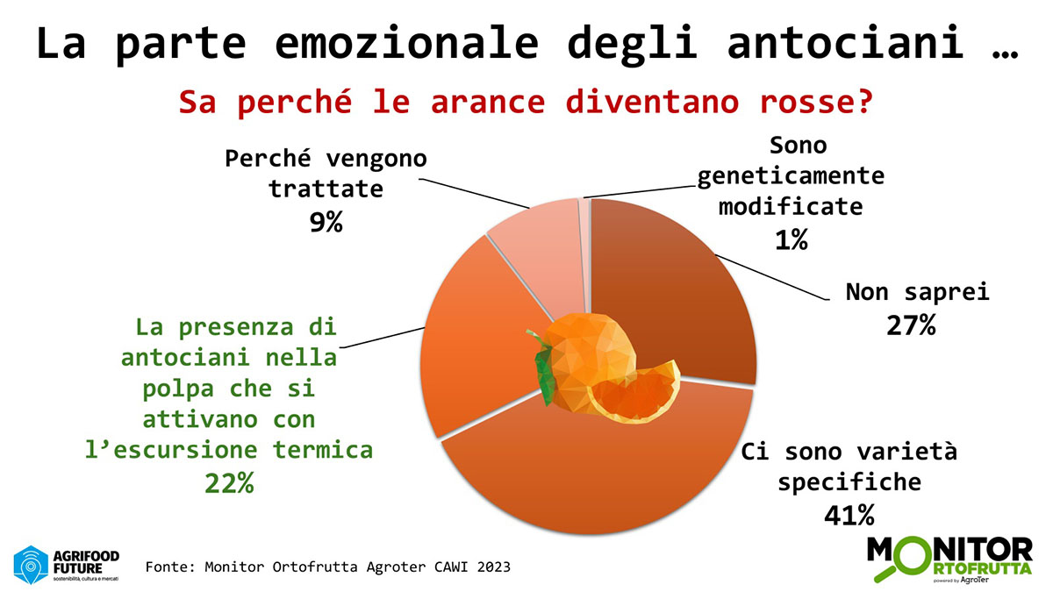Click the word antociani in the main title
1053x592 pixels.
click(845, 43)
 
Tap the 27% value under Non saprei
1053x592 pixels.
click(911, 325)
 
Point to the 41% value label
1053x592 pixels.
click(849, 515)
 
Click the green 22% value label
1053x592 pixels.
click(229, 482)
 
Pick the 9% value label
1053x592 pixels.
click(326, 222)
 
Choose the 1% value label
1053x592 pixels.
click(792, 239)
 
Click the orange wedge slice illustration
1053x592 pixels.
click(634, 395)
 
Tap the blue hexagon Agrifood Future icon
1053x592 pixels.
click(31, 565)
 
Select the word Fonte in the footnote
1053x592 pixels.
click(169, 567)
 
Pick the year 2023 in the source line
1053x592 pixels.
click(493, 567)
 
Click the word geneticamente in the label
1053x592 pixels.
click(791, 176)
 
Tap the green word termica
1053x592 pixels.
click(323, 450)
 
